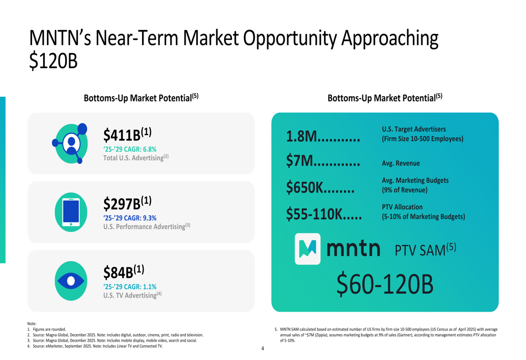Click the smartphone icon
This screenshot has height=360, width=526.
coord(71,212)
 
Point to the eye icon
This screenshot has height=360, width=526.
coord(71,281)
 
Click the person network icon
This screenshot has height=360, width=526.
coord(70,143)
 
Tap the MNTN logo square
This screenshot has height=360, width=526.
coord(308,249)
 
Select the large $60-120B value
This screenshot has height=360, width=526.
coord(385,284)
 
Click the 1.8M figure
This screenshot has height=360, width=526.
coord(301,137)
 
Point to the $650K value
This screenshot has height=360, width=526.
coord(304,187)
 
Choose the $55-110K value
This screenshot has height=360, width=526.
coord(314,213)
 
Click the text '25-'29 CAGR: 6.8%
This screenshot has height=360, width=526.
coord(130,149)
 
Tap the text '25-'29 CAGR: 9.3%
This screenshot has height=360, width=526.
coord(130,218)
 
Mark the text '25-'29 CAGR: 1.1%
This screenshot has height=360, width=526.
coord(130,286)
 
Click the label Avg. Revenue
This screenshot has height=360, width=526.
coord(401,163)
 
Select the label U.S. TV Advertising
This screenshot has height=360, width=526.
coord(130,295)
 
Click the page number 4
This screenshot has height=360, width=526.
coord(262,348)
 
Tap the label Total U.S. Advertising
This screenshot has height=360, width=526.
coord(133,158)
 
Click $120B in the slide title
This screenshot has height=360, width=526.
coord(53,61)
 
